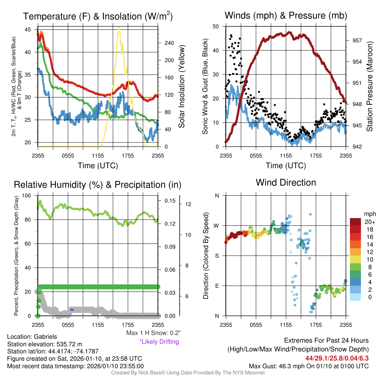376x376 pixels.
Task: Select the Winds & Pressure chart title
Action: [286, 15]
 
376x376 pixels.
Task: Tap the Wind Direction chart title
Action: [286, 182]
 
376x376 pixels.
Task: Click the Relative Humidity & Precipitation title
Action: [97, 185]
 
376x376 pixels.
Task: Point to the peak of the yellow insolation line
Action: [119, 27]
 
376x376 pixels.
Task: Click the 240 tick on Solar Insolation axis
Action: [169, 43]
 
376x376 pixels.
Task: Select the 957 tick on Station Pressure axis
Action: [357, 40]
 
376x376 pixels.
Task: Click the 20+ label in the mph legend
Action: [369, 222]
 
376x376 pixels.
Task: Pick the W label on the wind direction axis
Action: [217, 226]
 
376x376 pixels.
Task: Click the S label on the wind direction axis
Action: [217, 256]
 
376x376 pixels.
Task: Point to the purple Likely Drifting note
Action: [159, 342]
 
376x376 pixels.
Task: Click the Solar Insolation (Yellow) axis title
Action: [181, 87]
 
